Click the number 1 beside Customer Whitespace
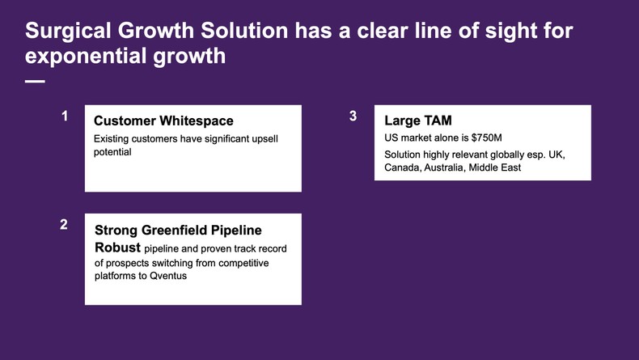click(x=65, y=116)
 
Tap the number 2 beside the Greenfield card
click(x=64, y=225)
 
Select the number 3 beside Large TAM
click(x=353, y=116)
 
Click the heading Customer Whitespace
click(x=163, y=121)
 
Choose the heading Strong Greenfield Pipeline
click(x=178, y=230)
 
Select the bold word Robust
click(x=117, y=247)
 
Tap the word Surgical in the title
click(x=70, y=31)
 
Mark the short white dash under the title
click(x=35, y=82)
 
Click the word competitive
click(x=240, y=263)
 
